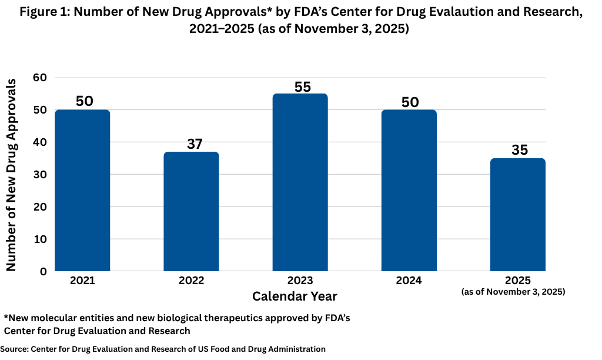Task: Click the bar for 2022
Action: [x=191, y=211]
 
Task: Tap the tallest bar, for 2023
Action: [x=300, y=182]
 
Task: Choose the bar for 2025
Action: [x=518, y=214]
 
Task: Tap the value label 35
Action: [x=519, y=151]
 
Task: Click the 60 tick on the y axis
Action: [x=40, y=78]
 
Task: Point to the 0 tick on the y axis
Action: [x=44, y=272]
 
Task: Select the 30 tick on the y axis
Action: [x=40, y=175]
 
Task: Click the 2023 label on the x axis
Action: [x=300, y=281]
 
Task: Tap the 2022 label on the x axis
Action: [x=191, y=281]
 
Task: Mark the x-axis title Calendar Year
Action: [x=295, y=295]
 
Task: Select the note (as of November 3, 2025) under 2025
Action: [x=513, y=292]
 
